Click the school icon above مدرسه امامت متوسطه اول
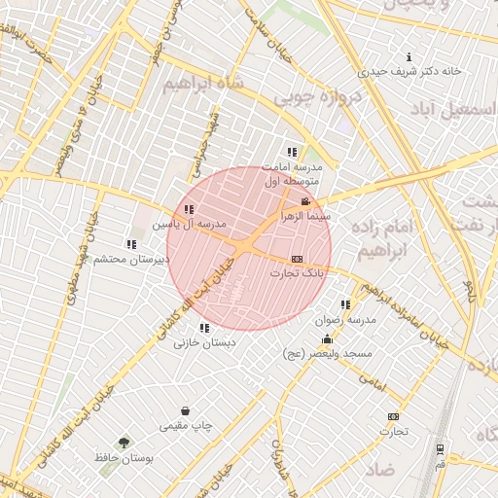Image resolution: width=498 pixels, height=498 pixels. [292, 151]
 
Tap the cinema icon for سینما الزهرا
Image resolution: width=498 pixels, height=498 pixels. [306, 201]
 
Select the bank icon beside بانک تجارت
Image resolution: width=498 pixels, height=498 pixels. [297, 259]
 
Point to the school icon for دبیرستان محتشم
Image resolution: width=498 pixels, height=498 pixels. [131, 244]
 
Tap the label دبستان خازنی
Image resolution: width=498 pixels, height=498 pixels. [202, 342]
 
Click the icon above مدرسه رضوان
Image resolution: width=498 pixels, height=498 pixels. [345, 304]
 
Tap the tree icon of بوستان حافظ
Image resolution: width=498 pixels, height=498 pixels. [123, 443]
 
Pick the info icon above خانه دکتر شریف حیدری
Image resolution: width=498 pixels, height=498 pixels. [409, 57]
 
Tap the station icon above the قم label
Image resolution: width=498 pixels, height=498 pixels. [441, 448]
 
